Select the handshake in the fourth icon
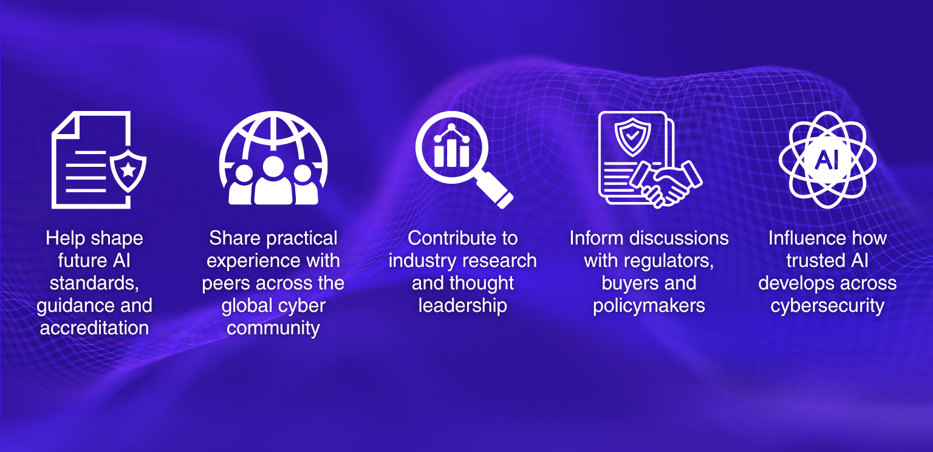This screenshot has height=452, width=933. [666, 184]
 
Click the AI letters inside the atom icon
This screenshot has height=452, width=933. [827, 160]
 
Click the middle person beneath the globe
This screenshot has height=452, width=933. [273, 181]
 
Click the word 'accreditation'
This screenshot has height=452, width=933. [94, 328]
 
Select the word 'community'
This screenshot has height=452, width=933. [273, 329]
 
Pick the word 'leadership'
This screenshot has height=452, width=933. [463, 306]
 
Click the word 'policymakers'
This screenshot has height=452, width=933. [649, 306]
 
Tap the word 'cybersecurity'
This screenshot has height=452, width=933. [827, 306]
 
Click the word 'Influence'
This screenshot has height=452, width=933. [804, 238]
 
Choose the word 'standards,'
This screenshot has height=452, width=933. [94, 283]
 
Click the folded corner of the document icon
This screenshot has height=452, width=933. [66, 125]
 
